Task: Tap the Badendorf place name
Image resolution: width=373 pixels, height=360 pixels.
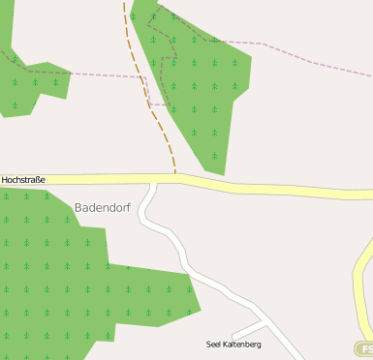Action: (104, 207)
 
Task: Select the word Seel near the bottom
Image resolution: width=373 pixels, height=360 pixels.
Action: (215, 345)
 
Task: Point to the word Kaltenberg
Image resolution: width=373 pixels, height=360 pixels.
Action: (242, 345)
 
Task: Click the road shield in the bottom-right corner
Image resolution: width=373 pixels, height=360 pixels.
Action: (364, 348)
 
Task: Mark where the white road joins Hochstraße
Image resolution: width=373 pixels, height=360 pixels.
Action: (152, 183)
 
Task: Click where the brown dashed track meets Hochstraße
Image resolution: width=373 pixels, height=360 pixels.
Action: (175, 175)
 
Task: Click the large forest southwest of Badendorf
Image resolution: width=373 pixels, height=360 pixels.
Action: (58, 271)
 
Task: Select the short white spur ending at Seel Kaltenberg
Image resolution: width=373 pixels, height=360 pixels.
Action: (247, 329)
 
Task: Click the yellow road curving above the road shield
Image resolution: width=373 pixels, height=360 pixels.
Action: (361, 281)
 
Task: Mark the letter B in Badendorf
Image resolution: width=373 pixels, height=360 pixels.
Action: (78, 207)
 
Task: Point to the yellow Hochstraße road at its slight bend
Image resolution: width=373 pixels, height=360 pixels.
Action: (184, 179)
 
